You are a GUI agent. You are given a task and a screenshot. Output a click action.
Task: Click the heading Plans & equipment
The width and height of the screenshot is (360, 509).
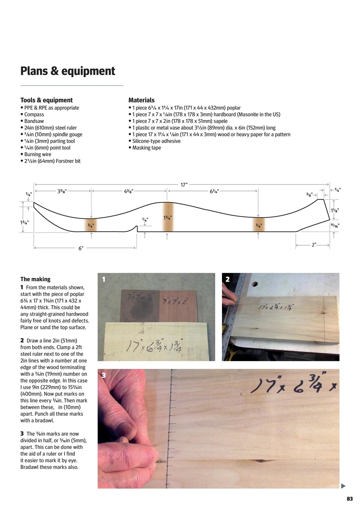coord(68,71)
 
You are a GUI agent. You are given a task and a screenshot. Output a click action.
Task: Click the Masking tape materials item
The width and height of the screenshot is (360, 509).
coord(146,148)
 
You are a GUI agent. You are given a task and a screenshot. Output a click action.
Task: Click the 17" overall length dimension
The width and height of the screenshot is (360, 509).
coord(184,185)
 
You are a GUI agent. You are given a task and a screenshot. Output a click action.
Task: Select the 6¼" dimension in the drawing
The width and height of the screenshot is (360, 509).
coord(214,191)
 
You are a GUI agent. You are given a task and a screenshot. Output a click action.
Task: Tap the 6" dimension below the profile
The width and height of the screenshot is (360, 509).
coord(81,248)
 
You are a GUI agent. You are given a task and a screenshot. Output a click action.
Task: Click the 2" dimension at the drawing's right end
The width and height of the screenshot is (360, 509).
coord(314,245)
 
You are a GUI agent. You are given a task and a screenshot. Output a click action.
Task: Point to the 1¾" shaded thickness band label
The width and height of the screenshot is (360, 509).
coord(167,218)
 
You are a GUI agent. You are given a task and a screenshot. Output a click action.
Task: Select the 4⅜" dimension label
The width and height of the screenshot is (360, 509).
coord(128,191)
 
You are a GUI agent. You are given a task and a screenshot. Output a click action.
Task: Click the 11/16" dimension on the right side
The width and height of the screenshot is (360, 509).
coord(335,225)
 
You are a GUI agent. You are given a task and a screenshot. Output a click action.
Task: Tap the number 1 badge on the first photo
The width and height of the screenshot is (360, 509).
coord(103,279)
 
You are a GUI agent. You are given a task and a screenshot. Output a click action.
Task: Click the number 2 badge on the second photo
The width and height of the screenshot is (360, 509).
coord(228,279)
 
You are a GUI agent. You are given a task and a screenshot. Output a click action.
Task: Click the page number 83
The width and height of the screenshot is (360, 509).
coord(350,499)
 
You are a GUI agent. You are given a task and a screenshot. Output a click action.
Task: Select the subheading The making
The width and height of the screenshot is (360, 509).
coord(35,279)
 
